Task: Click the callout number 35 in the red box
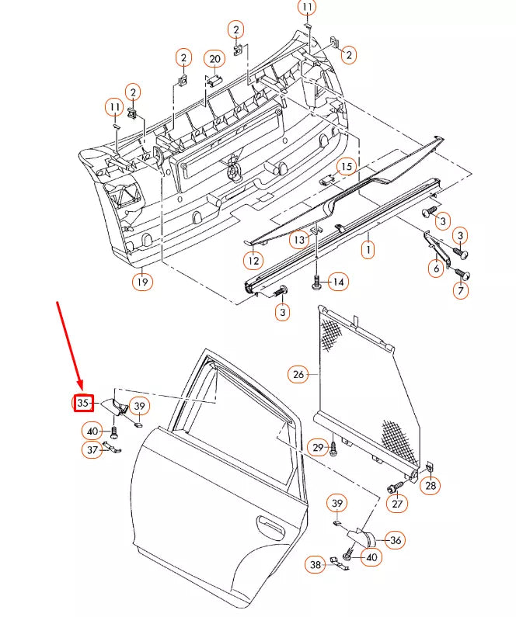(x=82, y=404)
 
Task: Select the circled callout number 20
(x=214, y=58)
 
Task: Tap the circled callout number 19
(x=141, y=282)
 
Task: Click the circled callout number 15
(x=346, y=166)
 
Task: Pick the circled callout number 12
(x=252, y=261)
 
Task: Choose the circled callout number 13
(x=300, y=240)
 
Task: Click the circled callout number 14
(x=337, y=282)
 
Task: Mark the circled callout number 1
(x=367, y=249)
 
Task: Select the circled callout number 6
(x=436, y=269)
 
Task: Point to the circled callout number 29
(x=317, y=447)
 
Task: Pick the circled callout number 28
(x=429, y=487)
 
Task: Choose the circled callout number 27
(x=397, y=504)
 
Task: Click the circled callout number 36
(x=395, y=540)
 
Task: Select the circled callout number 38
(x=315, y=565)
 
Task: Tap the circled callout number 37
(x=92, y=449)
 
